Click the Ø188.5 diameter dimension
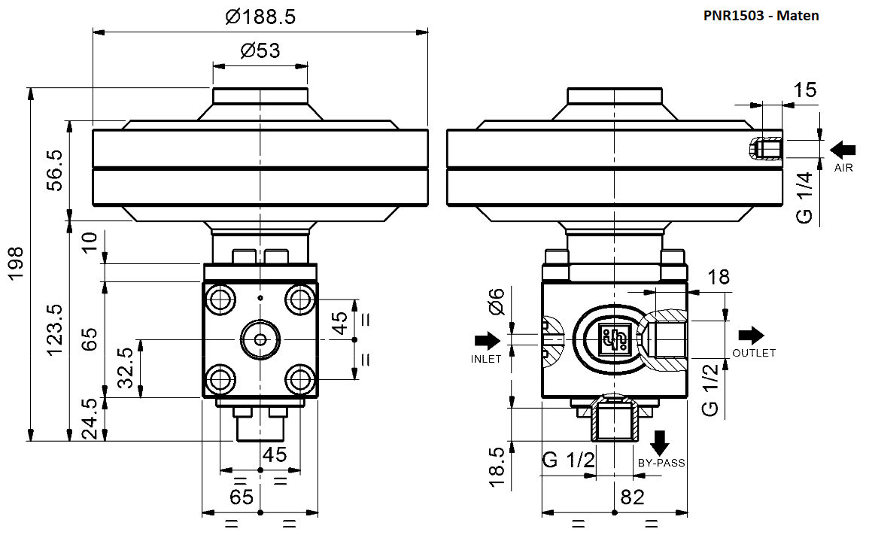point(260,17)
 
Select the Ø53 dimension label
point(260,51)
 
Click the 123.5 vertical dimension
point(54,330)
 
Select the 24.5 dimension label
point(90,420)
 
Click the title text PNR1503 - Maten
point(761,14)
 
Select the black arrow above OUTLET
point(751,335)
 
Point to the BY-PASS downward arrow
point(661,442)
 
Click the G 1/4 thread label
point(804,197)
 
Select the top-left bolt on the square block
point(221,299)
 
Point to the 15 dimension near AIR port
point(804,90)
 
